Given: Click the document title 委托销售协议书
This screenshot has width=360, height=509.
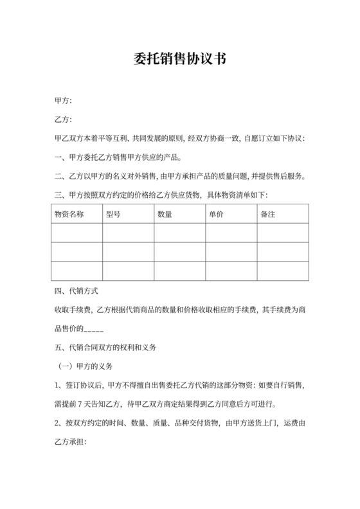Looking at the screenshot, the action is pyautogui.click(x=180, y=59).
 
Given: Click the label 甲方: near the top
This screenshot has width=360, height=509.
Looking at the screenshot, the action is pyautogui.click(x=64, y=101).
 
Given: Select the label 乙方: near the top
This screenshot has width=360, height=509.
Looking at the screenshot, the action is pyautogui.click(x=64, y=120).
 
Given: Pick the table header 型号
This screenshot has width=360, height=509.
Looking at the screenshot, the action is pyautogui.click(x=113, y=214).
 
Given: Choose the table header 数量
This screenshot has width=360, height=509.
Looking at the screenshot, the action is pyautogui.click(x=164, y=214).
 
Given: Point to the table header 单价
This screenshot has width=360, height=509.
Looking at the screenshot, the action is pyautogui.click(x=215, y=214).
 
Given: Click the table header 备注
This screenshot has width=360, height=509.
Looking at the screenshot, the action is pyautogui.click(x=267, y=214).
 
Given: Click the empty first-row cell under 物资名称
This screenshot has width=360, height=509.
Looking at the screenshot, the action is pyautogui.click(x=76, y=233).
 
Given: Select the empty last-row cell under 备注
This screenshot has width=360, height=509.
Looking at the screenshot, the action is pyautogui.click(x=283, y=271).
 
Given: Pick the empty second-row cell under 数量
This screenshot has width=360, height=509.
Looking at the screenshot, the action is pyautogui.click(x=179, y=252).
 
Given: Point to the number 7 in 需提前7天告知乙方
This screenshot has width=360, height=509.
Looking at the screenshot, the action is pyautogui.click(x=89, y=404).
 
